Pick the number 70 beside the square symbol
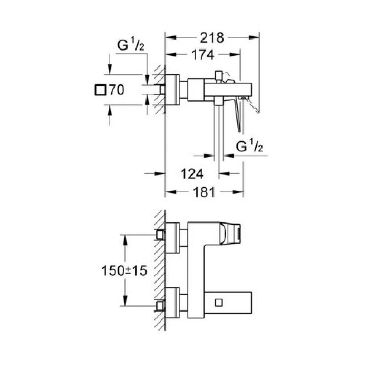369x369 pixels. pos(116,90)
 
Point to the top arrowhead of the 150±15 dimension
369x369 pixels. pos(125,237)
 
